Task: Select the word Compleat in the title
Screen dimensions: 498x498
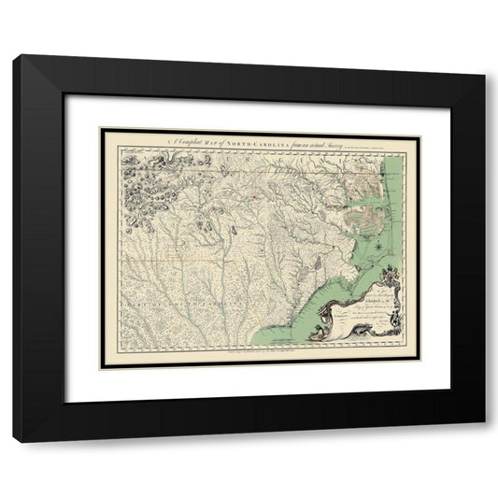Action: click(181, 140)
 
